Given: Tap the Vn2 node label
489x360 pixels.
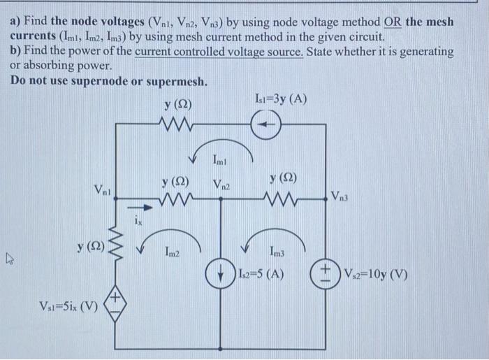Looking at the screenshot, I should (222, 185).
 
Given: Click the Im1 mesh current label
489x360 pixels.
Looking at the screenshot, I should (220, 162).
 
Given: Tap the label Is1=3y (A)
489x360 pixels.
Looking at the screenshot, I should (280, 99).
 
